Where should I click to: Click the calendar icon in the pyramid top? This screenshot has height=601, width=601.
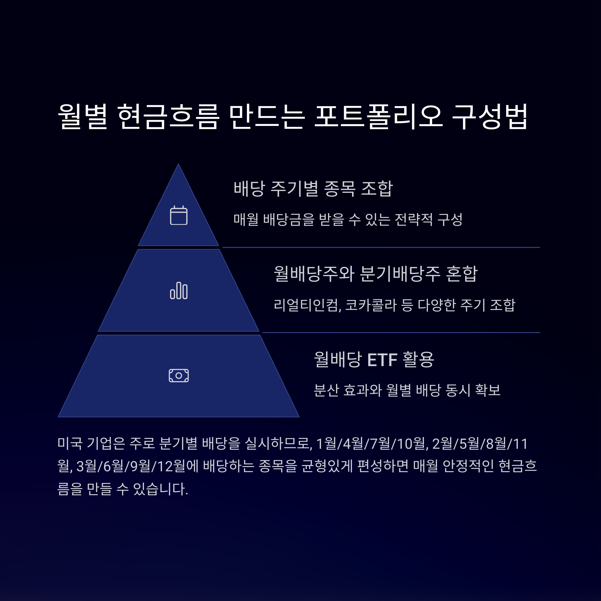179,215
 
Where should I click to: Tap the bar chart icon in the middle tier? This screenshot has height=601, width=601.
179,290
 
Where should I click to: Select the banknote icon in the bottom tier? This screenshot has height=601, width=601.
179,375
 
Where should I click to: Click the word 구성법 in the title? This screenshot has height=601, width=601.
489,116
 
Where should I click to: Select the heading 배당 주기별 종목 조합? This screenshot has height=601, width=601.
313,189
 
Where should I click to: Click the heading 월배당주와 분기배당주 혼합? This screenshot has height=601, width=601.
375,274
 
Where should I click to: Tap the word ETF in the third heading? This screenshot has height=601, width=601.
382,360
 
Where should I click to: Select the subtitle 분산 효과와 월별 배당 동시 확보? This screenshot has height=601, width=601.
407,390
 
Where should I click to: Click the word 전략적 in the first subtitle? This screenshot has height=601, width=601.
413,220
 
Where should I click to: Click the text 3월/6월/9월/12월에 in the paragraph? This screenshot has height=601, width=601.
137,466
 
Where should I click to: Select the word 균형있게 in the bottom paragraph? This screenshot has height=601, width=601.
327,466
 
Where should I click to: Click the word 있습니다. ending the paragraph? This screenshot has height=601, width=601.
161,489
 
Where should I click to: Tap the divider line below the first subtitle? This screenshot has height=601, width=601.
381,248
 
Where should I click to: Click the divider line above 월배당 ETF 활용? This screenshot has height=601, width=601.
401,333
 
